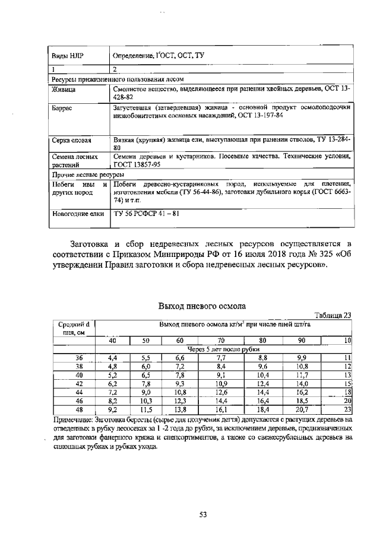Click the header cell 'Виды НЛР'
68,56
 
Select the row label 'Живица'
62,90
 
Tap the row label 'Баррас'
62,108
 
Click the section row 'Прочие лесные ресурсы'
87,176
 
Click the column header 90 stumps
301,340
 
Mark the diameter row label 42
79,384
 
